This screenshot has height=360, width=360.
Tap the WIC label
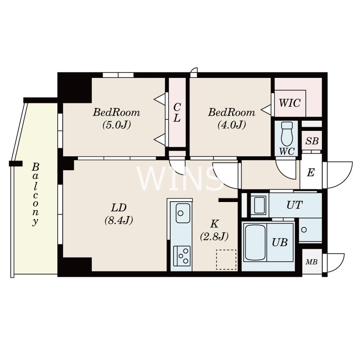[289, 103]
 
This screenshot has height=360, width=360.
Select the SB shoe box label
[312, 141]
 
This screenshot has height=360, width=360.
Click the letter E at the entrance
[310, 172]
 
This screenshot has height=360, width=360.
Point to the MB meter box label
[311, 262]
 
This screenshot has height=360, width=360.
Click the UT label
[295, 205]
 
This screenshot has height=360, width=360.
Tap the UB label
[279, 242]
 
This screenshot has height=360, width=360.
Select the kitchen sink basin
[183, 213]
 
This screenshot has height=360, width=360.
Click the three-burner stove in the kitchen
[182, 256]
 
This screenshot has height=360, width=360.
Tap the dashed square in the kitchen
[226, 260]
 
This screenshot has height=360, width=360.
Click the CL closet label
[177, 112]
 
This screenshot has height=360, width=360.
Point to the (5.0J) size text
[117, 125]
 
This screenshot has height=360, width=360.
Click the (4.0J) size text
[232, 125]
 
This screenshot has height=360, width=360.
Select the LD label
[119, 208]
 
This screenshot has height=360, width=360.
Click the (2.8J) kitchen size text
[214, 236]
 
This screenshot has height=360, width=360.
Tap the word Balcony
[35, 195]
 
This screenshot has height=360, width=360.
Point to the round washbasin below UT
[304, 229]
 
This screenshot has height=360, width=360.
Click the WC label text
[287, 152]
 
